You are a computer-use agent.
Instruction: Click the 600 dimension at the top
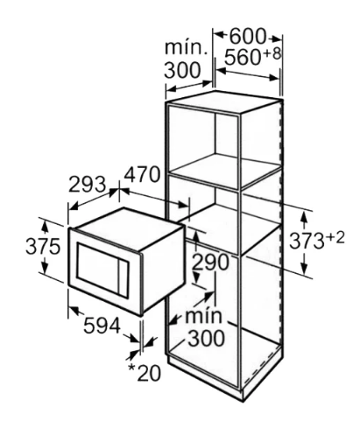[248, 37]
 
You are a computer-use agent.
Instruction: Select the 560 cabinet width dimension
[243, 57]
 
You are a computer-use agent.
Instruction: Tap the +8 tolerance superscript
[272, 53]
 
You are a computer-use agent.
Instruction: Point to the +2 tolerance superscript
[335, 238]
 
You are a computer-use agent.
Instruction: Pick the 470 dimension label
[142, 174]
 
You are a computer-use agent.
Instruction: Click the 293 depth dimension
[87, 184]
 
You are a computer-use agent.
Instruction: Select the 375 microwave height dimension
[43, 247]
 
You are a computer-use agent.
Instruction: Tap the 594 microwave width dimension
[102, 326]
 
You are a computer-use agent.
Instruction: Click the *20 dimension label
[145, 373]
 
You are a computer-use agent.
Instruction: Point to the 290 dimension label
[211, 263]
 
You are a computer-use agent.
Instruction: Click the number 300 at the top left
[182, 70]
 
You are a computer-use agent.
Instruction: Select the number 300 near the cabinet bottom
[207, 338]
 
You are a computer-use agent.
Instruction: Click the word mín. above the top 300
[187, 47]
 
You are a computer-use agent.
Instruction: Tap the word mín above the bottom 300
[203, 315]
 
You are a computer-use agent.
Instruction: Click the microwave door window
[98, 265]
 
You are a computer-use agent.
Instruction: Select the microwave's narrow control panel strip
[124, 278]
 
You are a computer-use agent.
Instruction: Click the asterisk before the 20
[132, 368]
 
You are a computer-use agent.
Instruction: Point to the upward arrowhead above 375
[45, 227]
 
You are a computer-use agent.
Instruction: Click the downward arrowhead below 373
[305, 268]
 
